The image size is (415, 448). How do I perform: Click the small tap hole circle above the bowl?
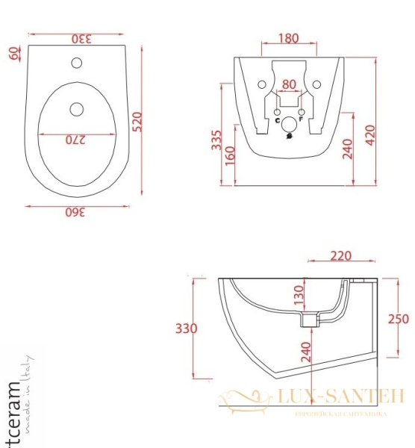[76, 62]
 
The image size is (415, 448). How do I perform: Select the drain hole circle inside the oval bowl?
[76, 110]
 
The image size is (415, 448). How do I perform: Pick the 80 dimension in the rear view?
[289, 84]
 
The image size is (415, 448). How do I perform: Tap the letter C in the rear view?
[278, 119]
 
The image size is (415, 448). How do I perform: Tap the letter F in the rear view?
[301, 119]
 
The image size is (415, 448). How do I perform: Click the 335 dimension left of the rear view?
[216, 139]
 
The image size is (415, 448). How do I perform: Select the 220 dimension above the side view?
[340, 256]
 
